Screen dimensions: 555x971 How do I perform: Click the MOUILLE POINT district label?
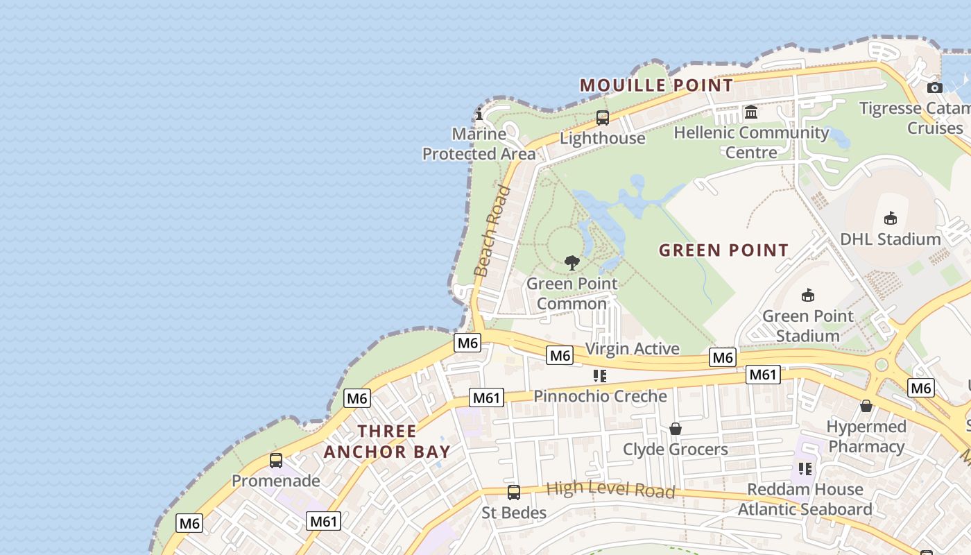(x=656, y=85)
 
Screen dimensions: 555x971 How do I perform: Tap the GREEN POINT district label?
(x=723, y=250)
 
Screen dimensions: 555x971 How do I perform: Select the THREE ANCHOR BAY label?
(x=387, y=441)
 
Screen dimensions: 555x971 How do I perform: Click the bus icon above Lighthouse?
(x=602, y=118)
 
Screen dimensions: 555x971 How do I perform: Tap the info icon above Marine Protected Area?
(x=479, y=114)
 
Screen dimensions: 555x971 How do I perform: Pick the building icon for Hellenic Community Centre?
(x=750, y=112)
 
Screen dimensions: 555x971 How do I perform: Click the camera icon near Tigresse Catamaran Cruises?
(x=935, y=87)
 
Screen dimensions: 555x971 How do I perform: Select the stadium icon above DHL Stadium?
(x=891, y=219)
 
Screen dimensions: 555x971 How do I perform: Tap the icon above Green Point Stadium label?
(x=807, y=296)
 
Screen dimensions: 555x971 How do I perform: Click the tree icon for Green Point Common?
(x=572, y=262)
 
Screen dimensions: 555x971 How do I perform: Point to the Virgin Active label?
(x=632, y=348)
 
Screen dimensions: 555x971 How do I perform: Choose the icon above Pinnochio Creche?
(x=600, y=376)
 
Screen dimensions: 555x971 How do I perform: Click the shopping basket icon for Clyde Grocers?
(x=675, y=429)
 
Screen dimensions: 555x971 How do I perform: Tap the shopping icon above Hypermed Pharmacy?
(x=866, y=406)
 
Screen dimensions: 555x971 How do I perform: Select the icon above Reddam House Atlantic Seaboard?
(x=805, y=469)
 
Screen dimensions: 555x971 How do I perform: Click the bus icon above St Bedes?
(x=513, y=493)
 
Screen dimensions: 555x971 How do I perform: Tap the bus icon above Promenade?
(x=276, y=460)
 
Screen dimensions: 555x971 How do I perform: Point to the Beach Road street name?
(x=492, y=231)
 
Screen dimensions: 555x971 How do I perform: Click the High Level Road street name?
(x=610, y=489)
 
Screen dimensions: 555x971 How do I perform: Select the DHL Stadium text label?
(x=890, y=239)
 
